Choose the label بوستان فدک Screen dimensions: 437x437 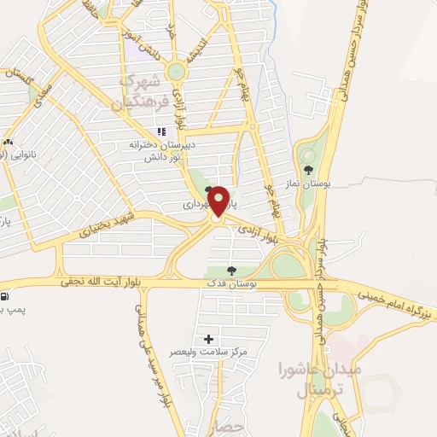coord(230,283)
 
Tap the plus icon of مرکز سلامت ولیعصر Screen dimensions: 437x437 coord(209,339)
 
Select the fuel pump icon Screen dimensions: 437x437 coord(5,296)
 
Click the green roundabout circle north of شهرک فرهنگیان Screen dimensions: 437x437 coord(177,74)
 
